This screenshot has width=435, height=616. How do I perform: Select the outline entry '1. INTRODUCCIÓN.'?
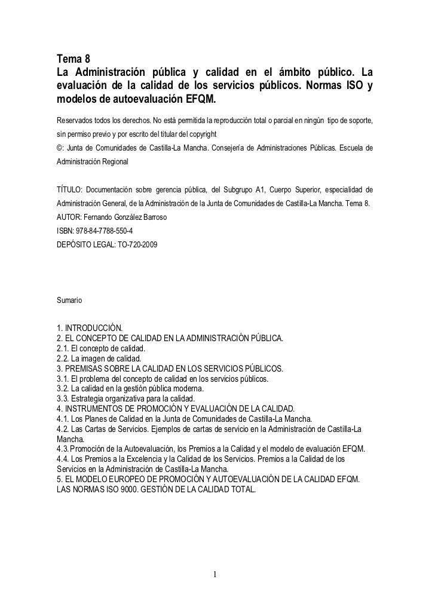[x=89, y=328]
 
